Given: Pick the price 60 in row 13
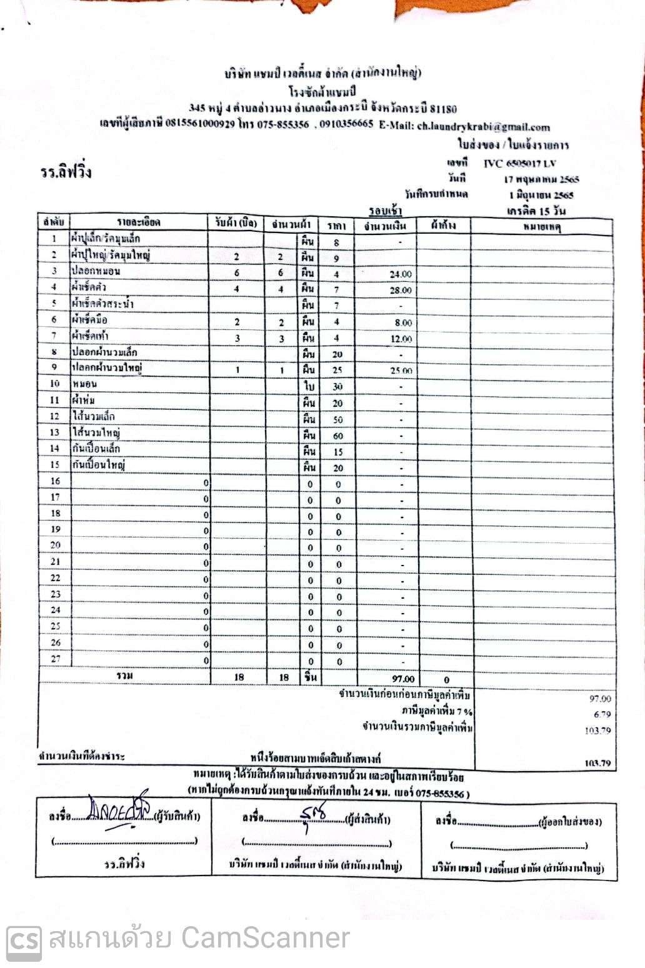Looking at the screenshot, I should (x=338, y=436).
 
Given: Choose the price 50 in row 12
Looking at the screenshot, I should (x=338, y=419).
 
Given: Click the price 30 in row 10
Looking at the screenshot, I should (x=338, y=387).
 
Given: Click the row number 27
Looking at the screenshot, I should (x=56, y=659).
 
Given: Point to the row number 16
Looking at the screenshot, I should (x=56, y=481).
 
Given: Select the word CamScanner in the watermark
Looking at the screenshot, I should (x=265, y=939).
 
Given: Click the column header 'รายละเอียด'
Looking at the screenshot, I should (x=139, y=222).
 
